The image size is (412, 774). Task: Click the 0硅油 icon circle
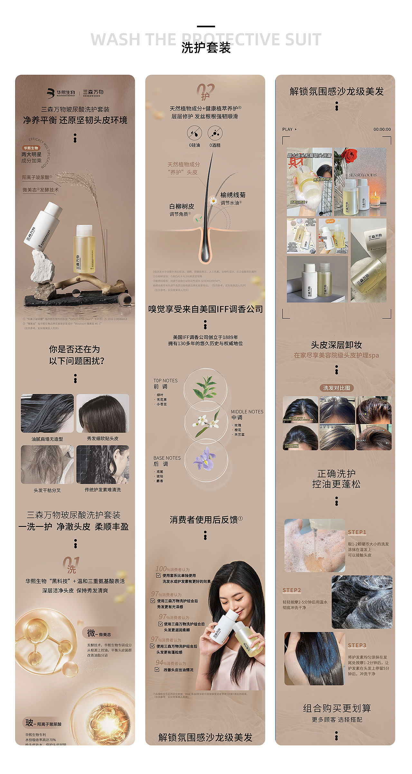pos(194,133)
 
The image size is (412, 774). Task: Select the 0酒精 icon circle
pos(215,133)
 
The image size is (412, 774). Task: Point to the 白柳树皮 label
pos(182,206)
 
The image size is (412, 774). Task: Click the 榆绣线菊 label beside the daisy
pos(233,195)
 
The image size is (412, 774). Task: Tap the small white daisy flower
pos(213,201)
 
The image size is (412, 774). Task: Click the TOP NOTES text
pos(165,381)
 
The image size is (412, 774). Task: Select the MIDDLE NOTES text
pos(247,412)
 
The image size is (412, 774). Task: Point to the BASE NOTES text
pos(167,458)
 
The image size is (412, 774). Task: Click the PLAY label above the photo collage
pos(287,130)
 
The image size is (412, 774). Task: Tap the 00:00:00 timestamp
pos(382,130)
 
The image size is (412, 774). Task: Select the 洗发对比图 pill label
pos(337,388)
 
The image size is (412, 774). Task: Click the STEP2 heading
pos(292,590)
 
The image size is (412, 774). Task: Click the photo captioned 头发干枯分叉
pos(47,464)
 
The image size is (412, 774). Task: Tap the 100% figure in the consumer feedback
pos(163,569)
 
